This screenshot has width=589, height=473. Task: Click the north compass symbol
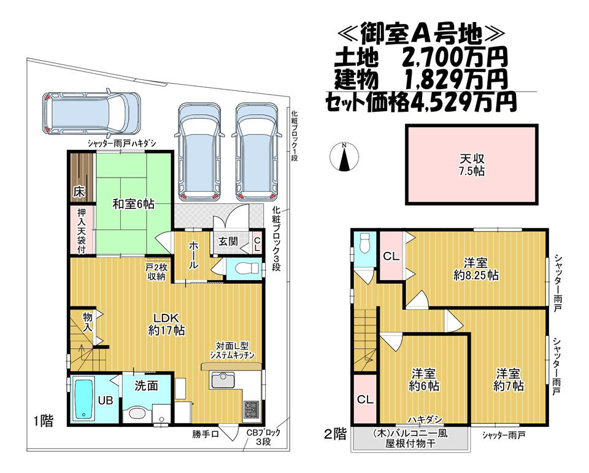tap(344, 157)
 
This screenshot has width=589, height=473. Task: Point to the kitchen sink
tap(223, 380)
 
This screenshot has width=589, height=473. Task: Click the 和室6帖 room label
tap(133, 204)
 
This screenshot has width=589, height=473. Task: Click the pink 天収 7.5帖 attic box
tap(471, 165)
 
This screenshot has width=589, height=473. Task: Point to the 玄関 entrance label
tap(228, 241)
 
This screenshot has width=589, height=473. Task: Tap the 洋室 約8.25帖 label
tap(476, 269)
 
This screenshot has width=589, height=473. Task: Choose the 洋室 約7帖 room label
tap(508, 380)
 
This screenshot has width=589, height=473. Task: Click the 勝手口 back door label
tap(205, 434)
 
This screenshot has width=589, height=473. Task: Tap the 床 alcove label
tap(79, 192)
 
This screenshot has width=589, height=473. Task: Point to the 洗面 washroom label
tap(146, 385)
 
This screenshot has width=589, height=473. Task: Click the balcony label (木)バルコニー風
tap(410, 434)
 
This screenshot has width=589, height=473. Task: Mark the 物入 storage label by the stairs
tap(88, 322)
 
